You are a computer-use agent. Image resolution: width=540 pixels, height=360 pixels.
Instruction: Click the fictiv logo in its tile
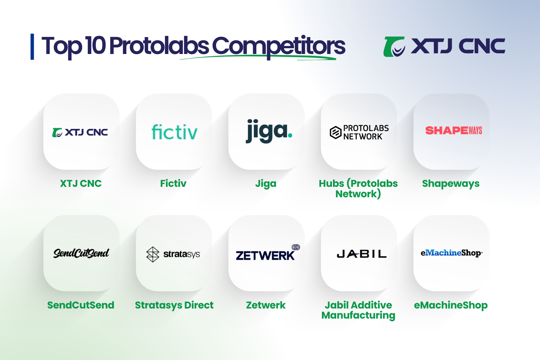click(175, 132)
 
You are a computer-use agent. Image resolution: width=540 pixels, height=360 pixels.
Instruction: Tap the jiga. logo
click(269, 131)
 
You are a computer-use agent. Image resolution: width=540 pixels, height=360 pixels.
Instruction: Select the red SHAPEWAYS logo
click(454, 130)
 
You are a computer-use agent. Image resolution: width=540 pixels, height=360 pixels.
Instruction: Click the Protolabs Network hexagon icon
click(336, 132)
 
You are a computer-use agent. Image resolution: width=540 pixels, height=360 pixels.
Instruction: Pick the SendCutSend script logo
click(81, 253)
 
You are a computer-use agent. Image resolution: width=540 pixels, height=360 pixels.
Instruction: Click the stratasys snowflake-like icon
click(153, 254)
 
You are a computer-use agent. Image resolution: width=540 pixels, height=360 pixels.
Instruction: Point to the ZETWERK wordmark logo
click(265, 256)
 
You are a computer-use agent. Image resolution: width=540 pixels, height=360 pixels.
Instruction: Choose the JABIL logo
click(361, 254)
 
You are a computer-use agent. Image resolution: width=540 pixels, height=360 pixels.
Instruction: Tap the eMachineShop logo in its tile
click(451, 253)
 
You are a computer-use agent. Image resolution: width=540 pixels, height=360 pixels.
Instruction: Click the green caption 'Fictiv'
click(173, 184)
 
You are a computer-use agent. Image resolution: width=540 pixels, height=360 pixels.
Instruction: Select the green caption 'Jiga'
click(266, 184)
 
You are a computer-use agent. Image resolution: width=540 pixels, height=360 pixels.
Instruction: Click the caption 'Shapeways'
click(451, 184)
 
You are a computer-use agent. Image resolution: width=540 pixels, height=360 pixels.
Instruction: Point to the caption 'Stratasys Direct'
click(174, 305)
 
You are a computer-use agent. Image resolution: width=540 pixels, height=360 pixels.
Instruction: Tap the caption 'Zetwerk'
click(266, 305)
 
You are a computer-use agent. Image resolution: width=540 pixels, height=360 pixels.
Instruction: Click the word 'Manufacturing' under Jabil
click(358, 316)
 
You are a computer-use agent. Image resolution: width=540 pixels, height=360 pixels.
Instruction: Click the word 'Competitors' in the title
click(278, 46)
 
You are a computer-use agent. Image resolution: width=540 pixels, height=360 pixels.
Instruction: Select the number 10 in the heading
click(95, 46)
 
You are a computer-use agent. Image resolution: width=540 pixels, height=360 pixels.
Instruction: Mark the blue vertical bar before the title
click(32, 46)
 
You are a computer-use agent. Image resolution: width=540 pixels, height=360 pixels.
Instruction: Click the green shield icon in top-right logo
click(394, 47)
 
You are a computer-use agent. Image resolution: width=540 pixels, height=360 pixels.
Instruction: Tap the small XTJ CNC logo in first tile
click(80, 132)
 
